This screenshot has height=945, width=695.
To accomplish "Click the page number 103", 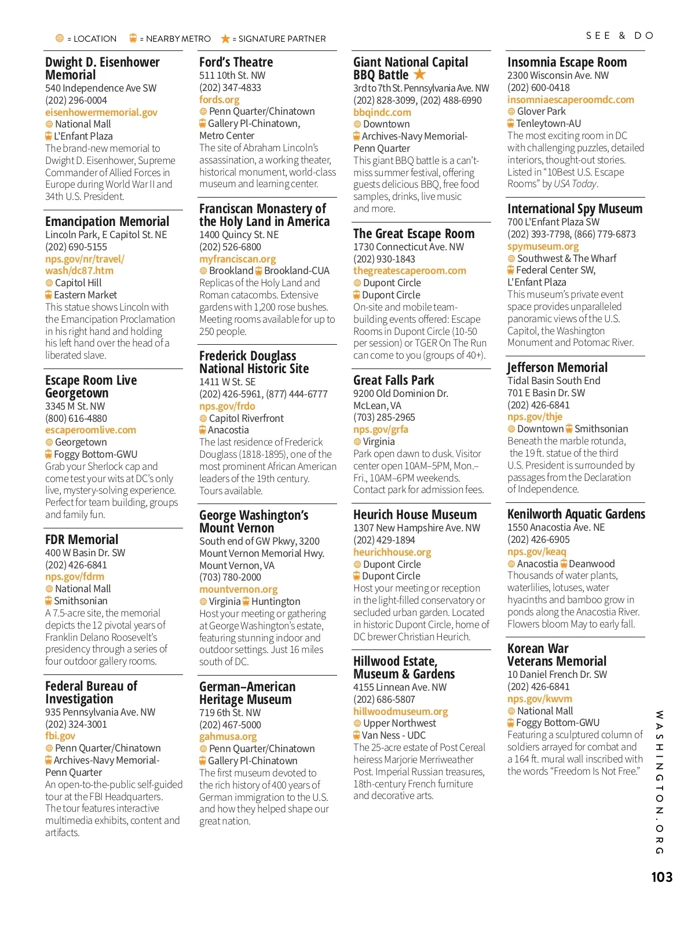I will pos(661,877).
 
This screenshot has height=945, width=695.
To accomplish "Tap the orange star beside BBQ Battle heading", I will pos(420,75).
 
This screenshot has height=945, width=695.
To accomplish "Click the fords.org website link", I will pos(219,100).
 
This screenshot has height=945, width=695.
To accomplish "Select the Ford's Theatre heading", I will pos(236,62).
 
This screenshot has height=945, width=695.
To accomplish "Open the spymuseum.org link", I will pos(543,246).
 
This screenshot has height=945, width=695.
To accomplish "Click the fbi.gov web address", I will pos(60,736).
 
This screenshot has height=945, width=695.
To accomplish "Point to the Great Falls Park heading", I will pos(393,380).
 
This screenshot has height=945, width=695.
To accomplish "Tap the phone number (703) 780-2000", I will pos(230,577).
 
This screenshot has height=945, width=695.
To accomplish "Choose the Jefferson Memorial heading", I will pos(557,367).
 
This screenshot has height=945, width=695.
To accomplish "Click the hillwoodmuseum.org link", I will pos(400,712).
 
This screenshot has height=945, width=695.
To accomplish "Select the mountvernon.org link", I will pos(238,589).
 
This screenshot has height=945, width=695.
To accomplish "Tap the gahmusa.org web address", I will pos(228,736).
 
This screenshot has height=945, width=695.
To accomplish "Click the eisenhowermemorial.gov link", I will pos(101,112).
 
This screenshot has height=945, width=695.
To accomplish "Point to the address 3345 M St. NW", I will pos(75,406).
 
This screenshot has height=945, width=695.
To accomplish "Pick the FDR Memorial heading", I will pos(82,539).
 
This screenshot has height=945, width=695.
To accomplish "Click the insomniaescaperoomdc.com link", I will pos(570,100).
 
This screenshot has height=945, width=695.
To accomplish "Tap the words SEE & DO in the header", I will pos(619,36).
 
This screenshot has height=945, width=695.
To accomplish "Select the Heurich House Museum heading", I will pos(415,515).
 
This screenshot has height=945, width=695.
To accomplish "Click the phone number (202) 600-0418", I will pos(538,87).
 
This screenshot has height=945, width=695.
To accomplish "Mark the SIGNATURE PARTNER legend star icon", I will pos(225,39).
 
